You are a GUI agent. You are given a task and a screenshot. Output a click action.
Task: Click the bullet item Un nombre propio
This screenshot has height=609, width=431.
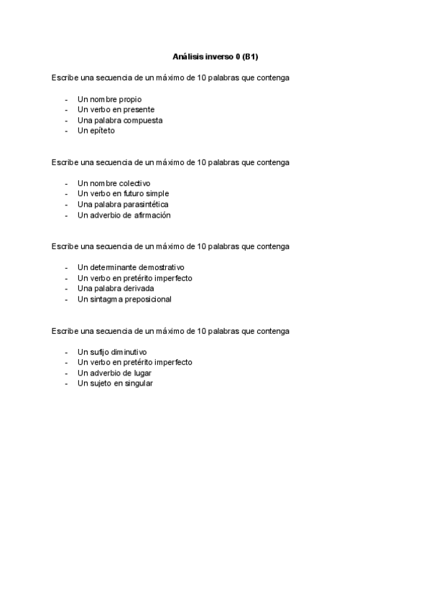(109, 99)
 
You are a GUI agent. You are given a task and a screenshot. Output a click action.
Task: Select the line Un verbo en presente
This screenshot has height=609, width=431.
(116, 110)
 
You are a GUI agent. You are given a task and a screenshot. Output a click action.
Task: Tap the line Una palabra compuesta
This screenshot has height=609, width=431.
(120, 121)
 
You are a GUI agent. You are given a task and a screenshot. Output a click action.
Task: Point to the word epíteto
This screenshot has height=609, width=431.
(102, 131)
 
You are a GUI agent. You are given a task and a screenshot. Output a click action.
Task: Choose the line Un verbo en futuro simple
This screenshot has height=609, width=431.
(123, 194)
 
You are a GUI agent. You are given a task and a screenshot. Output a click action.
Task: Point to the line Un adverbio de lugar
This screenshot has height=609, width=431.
(114, 373)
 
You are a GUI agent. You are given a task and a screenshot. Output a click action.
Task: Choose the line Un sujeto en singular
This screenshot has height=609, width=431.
(115, 383)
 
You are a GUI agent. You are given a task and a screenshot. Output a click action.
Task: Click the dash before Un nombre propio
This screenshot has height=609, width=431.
(66, 99)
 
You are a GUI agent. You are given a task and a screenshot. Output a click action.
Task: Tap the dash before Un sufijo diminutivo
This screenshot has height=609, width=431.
(66, 352)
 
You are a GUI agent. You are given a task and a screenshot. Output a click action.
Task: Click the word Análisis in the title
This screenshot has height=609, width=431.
(188, 56)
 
